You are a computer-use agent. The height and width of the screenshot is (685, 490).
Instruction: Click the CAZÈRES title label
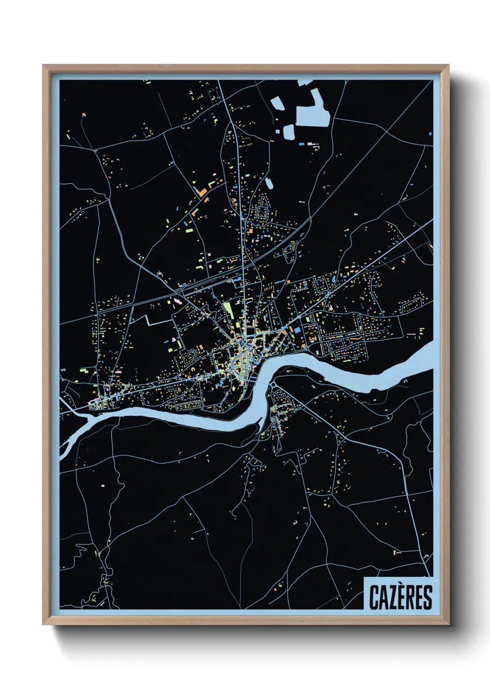pyautogui.click(x=400, y=597)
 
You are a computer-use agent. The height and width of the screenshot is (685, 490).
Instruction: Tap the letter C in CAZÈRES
pyautogui.click(x=374, y=598)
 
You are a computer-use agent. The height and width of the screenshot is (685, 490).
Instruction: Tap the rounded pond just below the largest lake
pyautogui.click(x=288, y=132)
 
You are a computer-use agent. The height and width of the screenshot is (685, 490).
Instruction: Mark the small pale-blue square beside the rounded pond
pyautogui.click(x=278, y=131)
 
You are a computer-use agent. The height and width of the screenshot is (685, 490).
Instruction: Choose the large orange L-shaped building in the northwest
pyautogui.click(x=202, y=191)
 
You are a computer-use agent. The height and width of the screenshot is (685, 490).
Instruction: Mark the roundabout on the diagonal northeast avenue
pyautogui.click(x=328, y=293)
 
